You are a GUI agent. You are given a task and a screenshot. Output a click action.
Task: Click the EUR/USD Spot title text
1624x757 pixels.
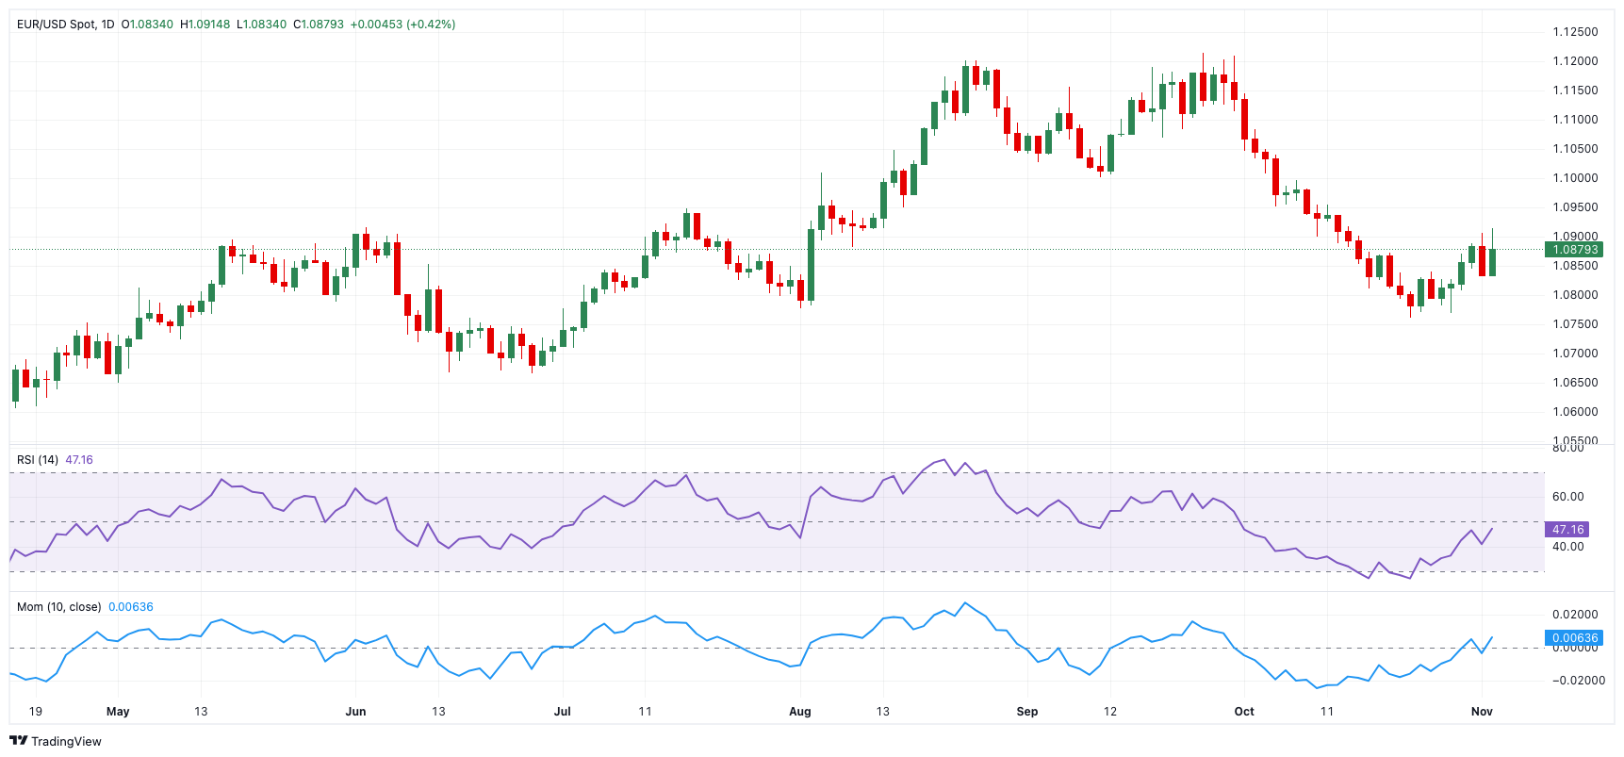pos(56,25)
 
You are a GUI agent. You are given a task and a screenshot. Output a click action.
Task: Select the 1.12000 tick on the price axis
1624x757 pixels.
pos(1575,61)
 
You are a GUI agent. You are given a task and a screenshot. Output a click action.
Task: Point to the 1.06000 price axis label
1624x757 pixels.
pos(1575,412)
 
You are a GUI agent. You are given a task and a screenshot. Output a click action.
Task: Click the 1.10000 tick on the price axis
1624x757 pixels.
pos(1575,178)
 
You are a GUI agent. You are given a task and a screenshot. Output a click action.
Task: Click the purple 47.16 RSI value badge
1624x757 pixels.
pos(1567,530)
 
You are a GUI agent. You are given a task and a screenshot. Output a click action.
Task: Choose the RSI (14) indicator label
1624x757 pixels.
pos(38,460)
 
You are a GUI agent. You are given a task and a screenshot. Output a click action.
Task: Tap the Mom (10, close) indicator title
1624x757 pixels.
pos(58,607)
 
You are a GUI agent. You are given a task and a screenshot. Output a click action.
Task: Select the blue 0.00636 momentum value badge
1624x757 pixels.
pos(1575,638)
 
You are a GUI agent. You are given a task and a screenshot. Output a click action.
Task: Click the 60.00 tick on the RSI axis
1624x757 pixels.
pos(1568,497)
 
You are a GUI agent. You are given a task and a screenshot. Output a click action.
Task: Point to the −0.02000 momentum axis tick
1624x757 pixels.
pos(1578,681)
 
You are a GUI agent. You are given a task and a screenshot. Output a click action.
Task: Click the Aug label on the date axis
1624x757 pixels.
pos(799,712)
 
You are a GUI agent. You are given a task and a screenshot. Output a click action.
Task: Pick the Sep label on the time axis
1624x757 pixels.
pos(1026,712)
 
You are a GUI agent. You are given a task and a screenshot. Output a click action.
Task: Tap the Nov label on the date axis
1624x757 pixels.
pos(1481,712)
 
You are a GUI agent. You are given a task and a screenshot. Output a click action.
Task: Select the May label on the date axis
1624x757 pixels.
pos(118,712)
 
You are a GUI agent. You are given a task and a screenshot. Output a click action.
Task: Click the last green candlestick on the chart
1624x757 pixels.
pos(1492,262)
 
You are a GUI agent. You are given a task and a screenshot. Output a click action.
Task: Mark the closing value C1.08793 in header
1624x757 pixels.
pos(319,25)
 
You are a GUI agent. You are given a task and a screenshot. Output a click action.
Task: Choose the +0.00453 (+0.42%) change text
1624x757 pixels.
pos(402,25)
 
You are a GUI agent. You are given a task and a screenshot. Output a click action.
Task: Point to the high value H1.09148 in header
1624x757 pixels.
pos(205,25)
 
